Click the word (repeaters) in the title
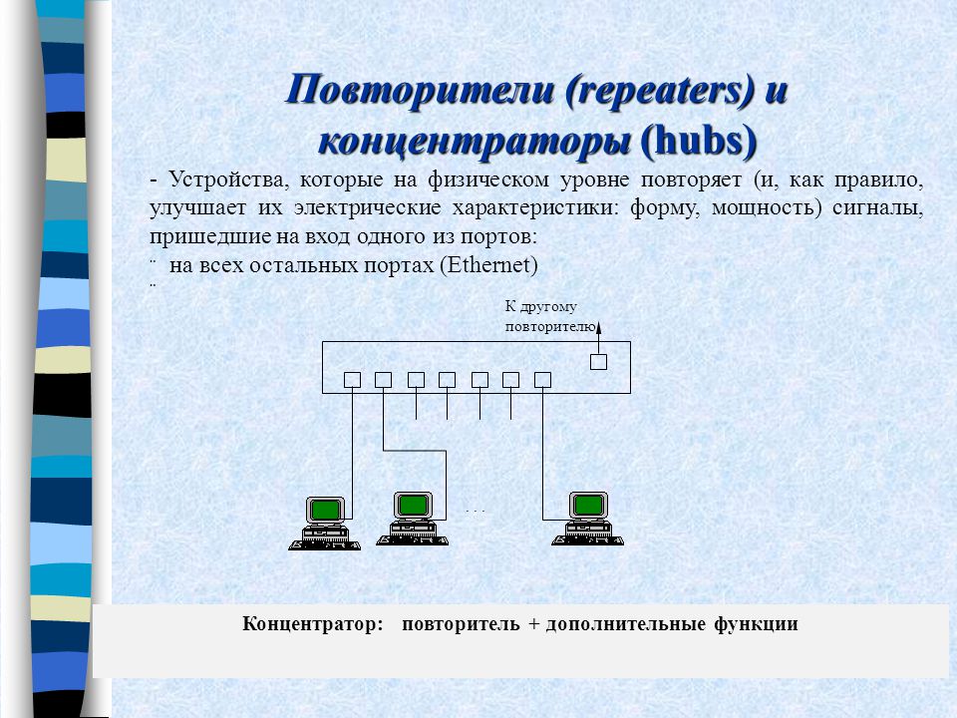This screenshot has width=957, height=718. click(659, 91)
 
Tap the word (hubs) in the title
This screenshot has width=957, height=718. click(699, 142)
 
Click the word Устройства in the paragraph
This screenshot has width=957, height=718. click(226, 179)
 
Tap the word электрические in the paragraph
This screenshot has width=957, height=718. click(367, 207)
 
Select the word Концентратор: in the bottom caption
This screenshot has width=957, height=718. click(313, 624)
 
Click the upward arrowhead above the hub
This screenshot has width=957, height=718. click(599, 327)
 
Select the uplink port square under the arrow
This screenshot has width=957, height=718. click(599, 362)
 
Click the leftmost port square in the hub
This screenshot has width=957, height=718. click(352, 380)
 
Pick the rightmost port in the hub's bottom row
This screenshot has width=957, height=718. click(542, 380)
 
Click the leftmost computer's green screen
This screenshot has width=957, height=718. click(325, 510)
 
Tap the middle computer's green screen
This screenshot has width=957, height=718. click(413, 505)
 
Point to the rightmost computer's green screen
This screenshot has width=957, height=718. click(588, 505)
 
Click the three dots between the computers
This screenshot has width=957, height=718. click(475, 512)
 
